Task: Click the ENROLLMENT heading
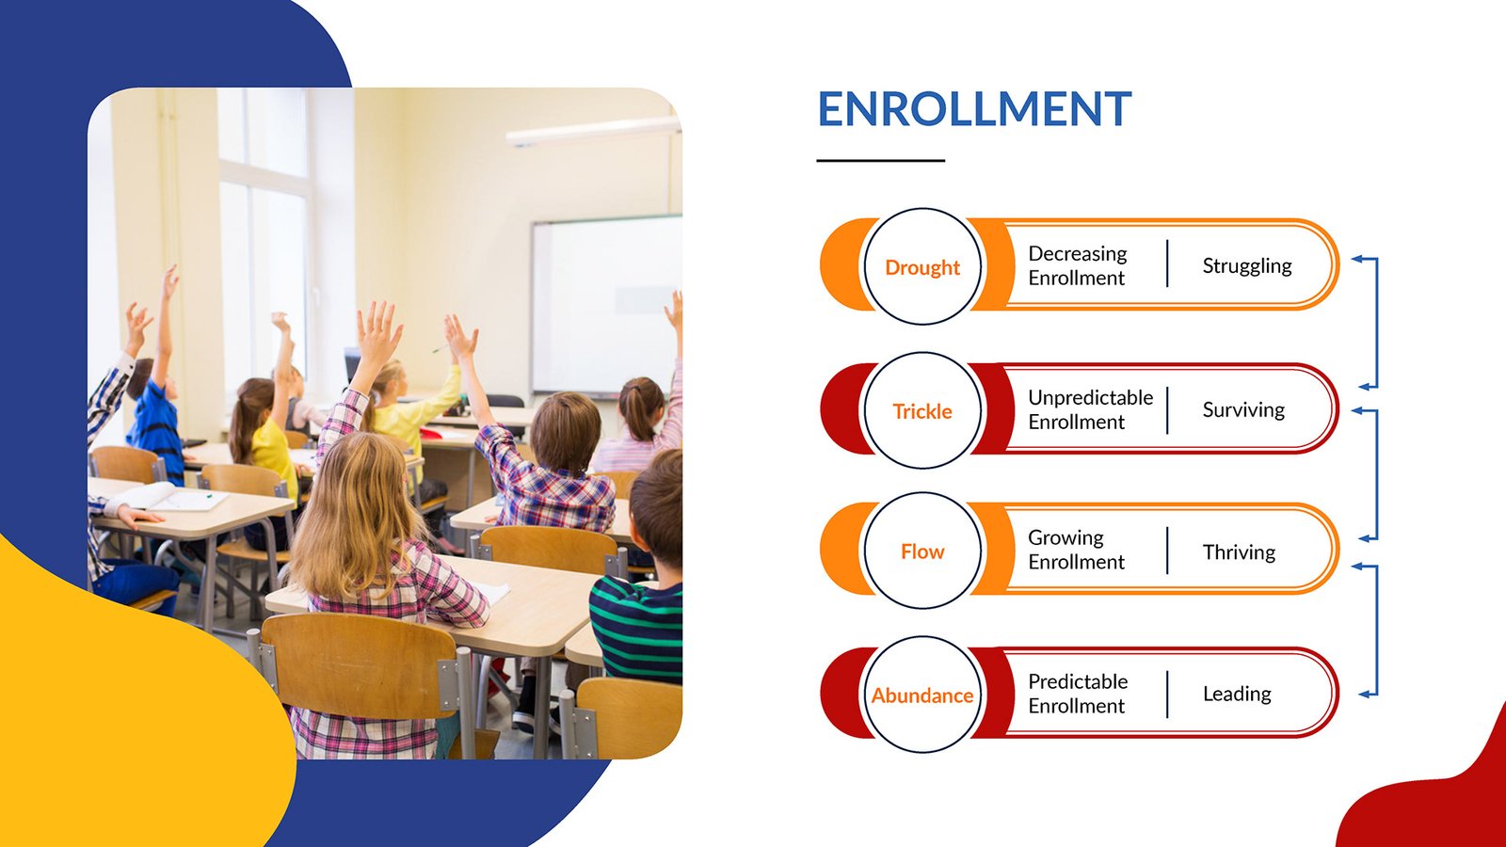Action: (x=974, y=109)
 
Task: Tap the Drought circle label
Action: (x=922, y=267)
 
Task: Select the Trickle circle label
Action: (x=922, y=411)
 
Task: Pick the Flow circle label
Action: (x=922, y=551)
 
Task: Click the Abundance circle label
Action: (x=922, y=695)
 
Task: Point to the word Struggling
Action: (x=1247, y=266)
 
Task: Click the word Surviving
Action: (x=1243, y=410)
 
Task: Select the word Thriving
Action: (x=1239, y=552)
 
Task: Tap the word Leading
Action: (x=1237, y=694)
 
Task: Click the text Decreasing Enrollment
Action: (x=1078, y=265)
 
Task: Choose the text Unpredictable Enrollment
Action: (x=1091, y=409)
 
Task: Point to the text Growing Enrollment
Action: (x=1077, y=550)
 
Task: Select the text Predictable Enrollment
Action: (x=1078, y=694)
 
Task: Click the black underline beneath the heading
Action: (x=881, y=161)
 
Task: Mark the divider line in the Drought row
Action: (x=1167, y=264)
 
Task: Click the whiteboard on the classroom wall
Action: (x=606, y=306)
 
